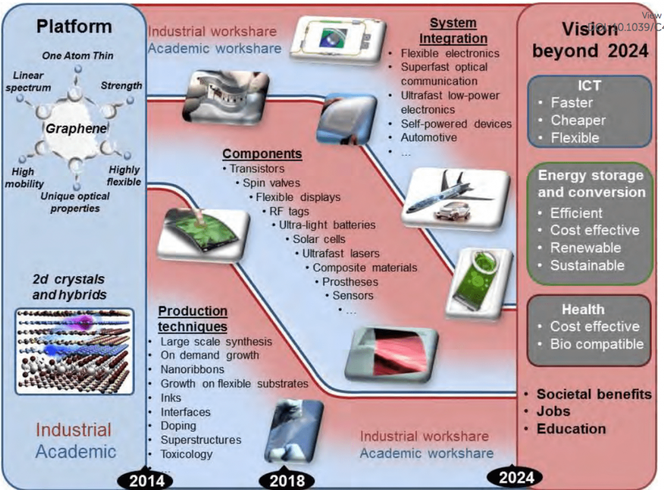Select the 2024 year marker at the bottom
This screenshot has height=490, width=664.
click(517, 478)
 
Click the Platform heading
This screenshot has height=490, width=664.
click(74, 27)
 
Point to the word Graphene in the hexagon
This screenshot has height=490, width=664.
click(77, 129)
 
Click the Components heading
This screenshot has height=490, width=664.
click(262, 154)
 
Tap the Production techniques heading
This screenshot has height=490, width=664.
click(193, 319)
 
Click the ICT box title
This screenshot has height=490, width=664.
click(589, 85)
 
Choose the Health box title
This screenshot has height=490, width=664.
click(584, 309)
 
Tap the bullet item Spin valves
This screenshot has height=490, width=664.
click(271, 183)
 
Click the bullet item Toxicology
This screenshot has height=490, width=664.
click(186, 454)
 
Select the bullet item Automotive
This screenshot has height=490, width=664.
click(428, 137)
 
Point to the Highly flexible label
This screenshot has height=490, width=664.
click(124, 176)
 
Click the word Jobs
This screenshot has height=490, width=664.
click(553, 411)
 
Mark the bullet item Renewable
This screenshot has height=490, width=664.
click(585, 248)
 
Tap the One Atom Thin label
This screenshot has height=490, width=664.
click(77, 56)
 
